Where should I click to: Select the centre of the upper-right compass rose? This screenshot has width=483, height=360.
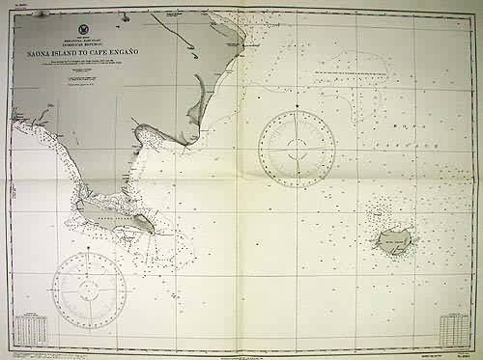297,149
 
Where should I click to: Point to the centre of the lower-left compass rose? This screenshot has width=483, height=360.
89,289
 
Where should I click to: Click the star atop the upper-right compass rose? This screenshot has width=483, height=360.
297,105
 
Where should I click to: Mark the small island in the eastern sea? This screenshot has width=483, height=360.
393,239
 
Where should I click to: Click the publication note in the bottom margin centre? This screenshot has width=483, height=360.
241,352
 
